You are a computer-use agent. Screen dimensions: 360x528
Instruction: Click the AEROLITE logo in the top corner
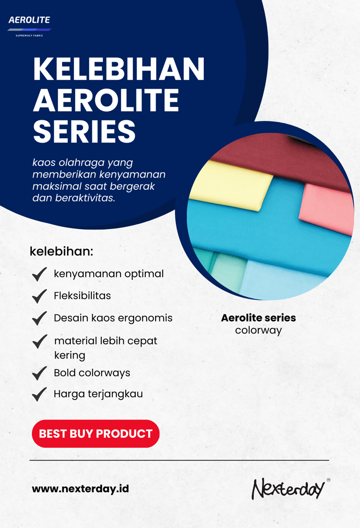[30, 26]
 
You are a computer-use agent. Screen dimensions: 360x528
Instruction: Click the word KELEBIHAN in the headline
[119, 69]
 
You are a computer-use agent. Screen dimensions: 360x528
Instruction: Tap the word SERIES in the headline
[84, 131]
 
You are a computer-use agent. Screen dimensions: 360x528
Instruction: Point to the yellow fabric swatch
[231, 185]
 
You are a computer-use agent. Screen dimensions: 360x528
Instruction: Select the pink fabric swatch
[326, 209]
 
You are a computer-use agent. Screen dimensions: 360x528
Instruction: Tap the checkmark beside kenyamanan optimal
[39, 274]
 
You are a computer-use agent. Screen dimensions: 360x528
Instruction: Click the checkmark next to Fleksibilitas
[39, 296]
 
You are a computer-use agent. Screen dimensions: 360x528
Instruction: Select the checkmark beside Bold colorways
[39, 373]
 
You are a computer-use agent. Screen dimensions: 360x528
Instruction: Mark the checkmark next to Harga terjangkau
[39, 394]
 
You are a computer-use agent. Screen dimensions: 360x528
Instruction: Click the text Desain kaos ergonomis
[113, 318]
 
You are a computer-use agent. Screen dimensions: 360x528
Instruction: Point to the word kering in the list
[70, 356]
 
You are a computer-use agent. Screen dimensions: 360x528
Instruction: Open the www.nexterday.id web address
[81, 489]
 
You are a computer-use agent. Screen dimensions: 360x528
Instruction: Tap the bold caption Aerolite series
[258, 318]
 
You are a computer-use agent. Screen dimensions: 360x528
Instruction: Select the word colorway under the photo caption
[258, 331]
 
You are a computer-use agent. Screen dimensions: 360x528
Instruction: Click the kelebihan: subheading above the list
[61, 251]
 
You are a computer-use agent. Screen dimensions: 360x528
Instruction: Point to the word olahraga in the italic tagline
[82, 163]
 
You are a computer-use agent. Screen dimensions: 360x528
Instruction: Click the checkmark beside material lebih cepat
[40, 342]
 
